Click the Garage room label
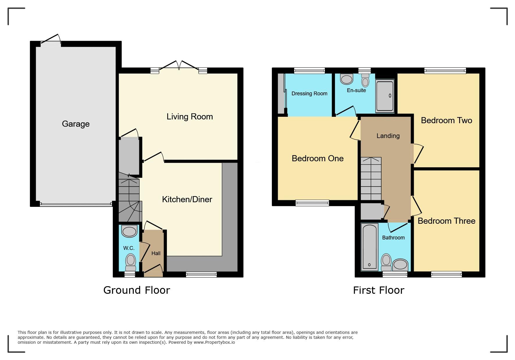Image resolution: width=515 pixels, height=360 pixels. point(76,124)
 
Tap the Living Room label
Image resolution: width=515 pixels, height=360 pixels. point(190,117)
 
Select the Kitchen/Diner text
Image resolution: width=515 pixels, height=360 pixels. point(187,199)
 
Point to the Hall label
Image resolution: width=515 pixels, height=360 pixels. point(156,253)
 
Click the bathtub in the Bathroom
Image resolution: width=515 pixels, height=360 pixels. point(369,247)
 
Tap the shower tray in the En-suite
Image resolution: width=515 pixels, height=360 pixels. point(384,96)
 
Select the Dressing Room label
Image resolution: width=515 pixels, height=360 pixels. point(309,94)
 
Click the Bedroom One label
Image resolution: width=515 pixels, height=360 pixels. point(318,158)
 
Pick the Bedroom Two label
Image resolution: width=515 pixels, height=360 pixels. point(446,120)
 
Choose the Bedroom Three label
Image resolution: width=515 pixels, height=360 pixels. point(446,221)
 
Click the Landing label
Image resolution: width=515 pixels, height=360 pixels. point(388,136)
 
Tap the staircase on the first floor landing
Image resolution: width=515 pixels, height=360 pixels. point(371,179)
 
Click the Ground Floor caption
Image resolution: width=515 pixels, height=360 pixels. point(137,290)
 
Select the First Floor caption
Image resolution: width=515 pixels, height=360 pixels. point(379,290)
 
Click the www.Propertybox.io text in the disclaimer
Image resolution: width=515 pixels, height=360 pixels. point(214,342)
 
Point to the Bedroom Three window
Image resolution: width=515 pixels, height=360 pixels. point(446,274)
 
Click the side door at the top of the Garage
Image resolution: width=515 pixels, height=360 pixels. point(51,41)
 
